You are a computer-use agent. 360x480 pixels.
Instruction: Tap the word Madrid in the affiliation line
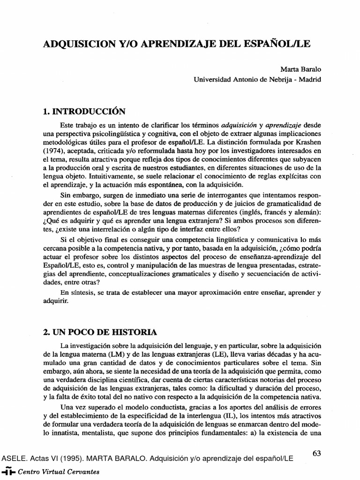[x=310, y=79]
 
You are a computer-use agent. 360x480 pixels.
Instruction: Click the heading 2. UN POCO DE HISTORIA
[x=100, y=332]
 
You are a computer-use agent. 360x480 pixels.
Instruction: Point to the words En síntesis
[x=78, y=292]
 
